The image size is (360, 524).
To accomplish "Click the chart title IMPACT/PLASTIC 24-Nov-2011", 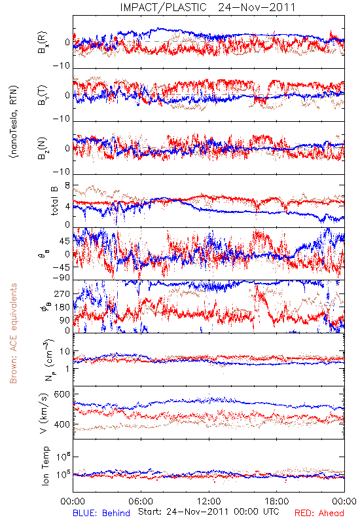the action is click(x=207, y=7).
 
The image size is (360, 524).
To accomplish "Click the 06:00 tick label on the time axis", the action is click(x=141, y=501).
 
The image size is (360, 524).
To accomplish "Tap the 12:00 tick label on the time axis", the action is click(x=209, y=501).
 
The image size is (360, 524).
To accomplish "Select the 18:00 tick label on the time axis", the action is click(x=276, y=501).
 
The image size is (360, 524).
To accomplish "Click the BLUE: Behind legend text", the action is click(x=101, y=513).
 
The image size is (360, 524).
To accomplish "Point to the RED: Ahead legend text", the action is click(x=319, y=513).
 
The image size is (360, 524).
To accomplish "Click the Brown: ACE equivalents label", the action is click(x=13, y=333).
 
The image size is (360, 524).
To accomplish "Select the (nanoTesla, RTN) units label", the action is click(x=14, y=122).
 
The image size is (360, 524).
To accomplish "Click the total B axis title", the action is click(x=54, y=201).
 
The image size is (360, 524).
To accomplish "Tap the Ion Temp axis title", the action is click(x=45, y=466).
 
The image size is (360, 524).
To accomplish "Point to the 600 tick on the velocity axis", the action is click(x=62, y=394).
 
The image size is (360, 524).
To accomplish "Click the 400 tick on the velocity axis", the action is click(x=62, y=424).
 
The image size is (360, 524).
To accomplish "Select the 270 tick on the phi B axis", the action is click(x=62, y=293).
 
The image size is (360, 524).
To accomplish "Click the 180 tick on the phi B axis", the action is click(x=62, y=307).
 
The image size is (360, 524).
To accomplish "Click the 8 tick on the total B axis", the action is click(x=67, y=185).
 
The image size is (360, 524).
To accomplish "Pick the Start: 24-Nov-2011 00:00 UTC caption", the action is click(x=208, y=512).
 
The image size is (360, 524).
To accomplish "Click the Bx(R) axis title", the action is click(x=43, y=43).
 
